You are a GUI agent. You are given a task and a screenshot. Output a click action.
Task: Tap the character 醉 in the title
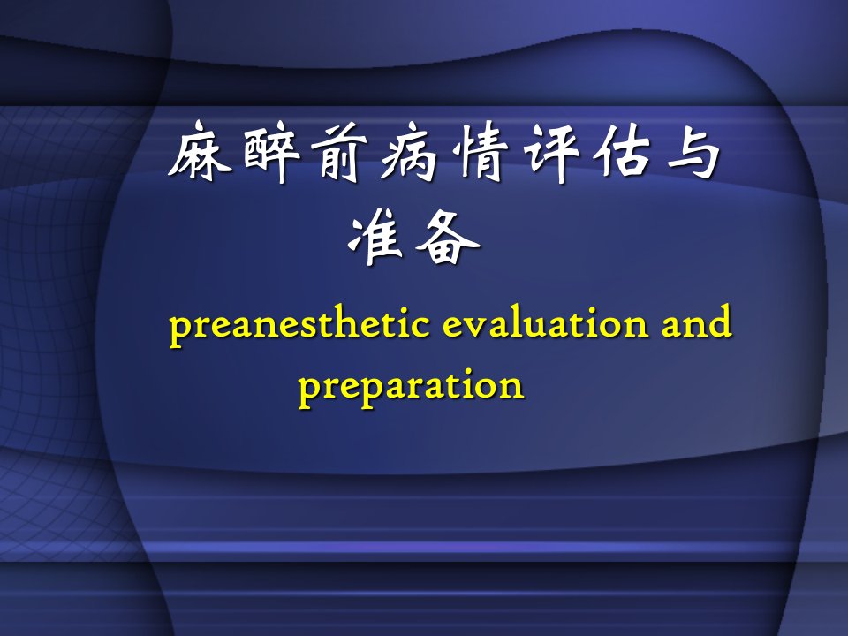coord(271,152)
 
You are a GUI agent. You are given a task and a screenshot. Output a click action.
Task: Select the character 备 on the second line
coord(448,237)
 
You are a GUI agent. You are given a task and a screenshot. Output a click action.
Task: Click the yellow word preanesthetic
coord(300,324)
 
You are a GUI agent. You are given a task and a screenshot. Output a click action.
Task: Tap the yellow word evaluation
coord(546,323)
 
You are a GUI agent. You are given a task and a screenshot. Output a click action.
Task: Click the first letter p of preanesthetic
coord(180,329)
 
